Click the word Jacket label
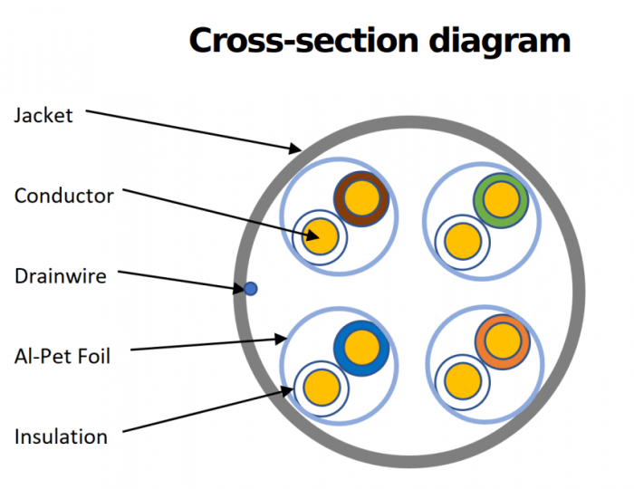43,116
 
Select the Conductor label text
64,196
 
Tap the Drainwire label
61,276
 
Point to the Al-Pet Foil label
62,357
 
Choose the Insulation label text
61,436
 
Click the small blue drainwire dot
251,289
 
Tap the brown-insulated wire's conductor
361,197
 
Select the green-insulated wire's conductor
501,197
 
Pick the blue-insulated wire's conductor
361,346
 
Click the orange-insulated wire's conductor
501,341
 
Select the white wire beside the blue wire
321,387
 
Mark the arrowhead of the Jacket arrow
297,148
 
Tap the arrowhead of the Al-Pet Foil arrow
281,339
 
